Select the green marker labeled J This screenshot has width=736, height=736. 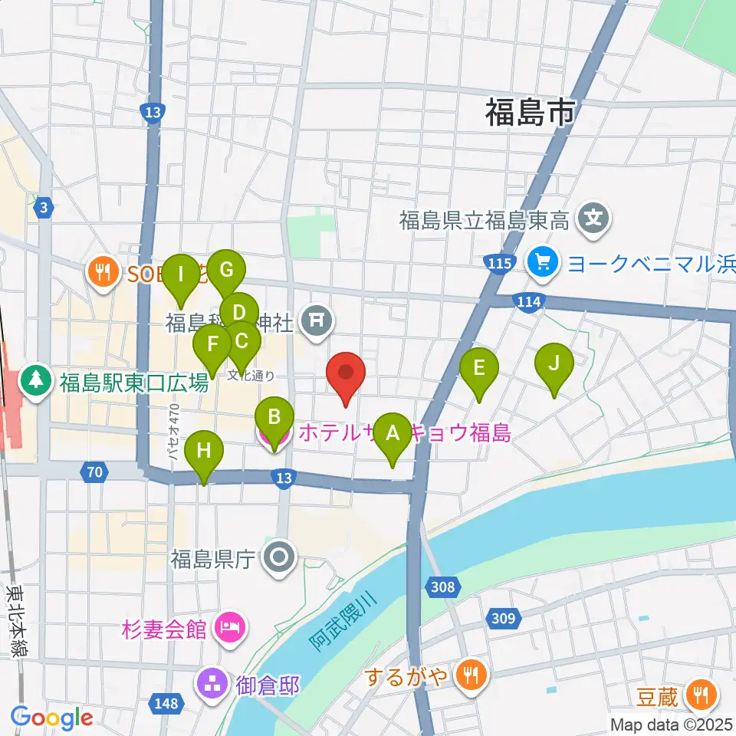point(554,363)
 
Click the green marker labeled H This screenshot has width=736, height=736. point(203,451)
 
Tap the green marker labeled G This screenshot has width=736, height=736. point(225,270)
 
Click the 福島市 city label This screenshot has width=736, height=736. point(530,113)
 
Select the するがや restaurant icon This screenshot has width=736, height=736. point(467,675)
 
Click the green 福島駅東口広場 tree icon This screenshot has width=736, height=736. point(35,381)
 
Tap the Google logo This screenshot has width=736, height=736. point(52,718)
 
